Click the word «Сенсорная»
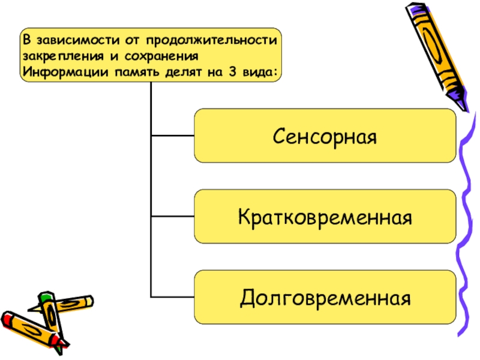tap(325, 136)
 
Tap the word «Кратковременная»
tap(325, 216)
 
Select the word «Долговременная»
tap(325, 297)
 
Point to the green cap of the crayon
tap(45, 296)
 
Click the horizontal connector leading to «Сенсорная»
tap(173, 135)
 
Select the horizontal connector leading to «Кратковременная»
tap(173, 216)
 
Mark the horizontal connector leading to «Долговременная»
tap(173, 296)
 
